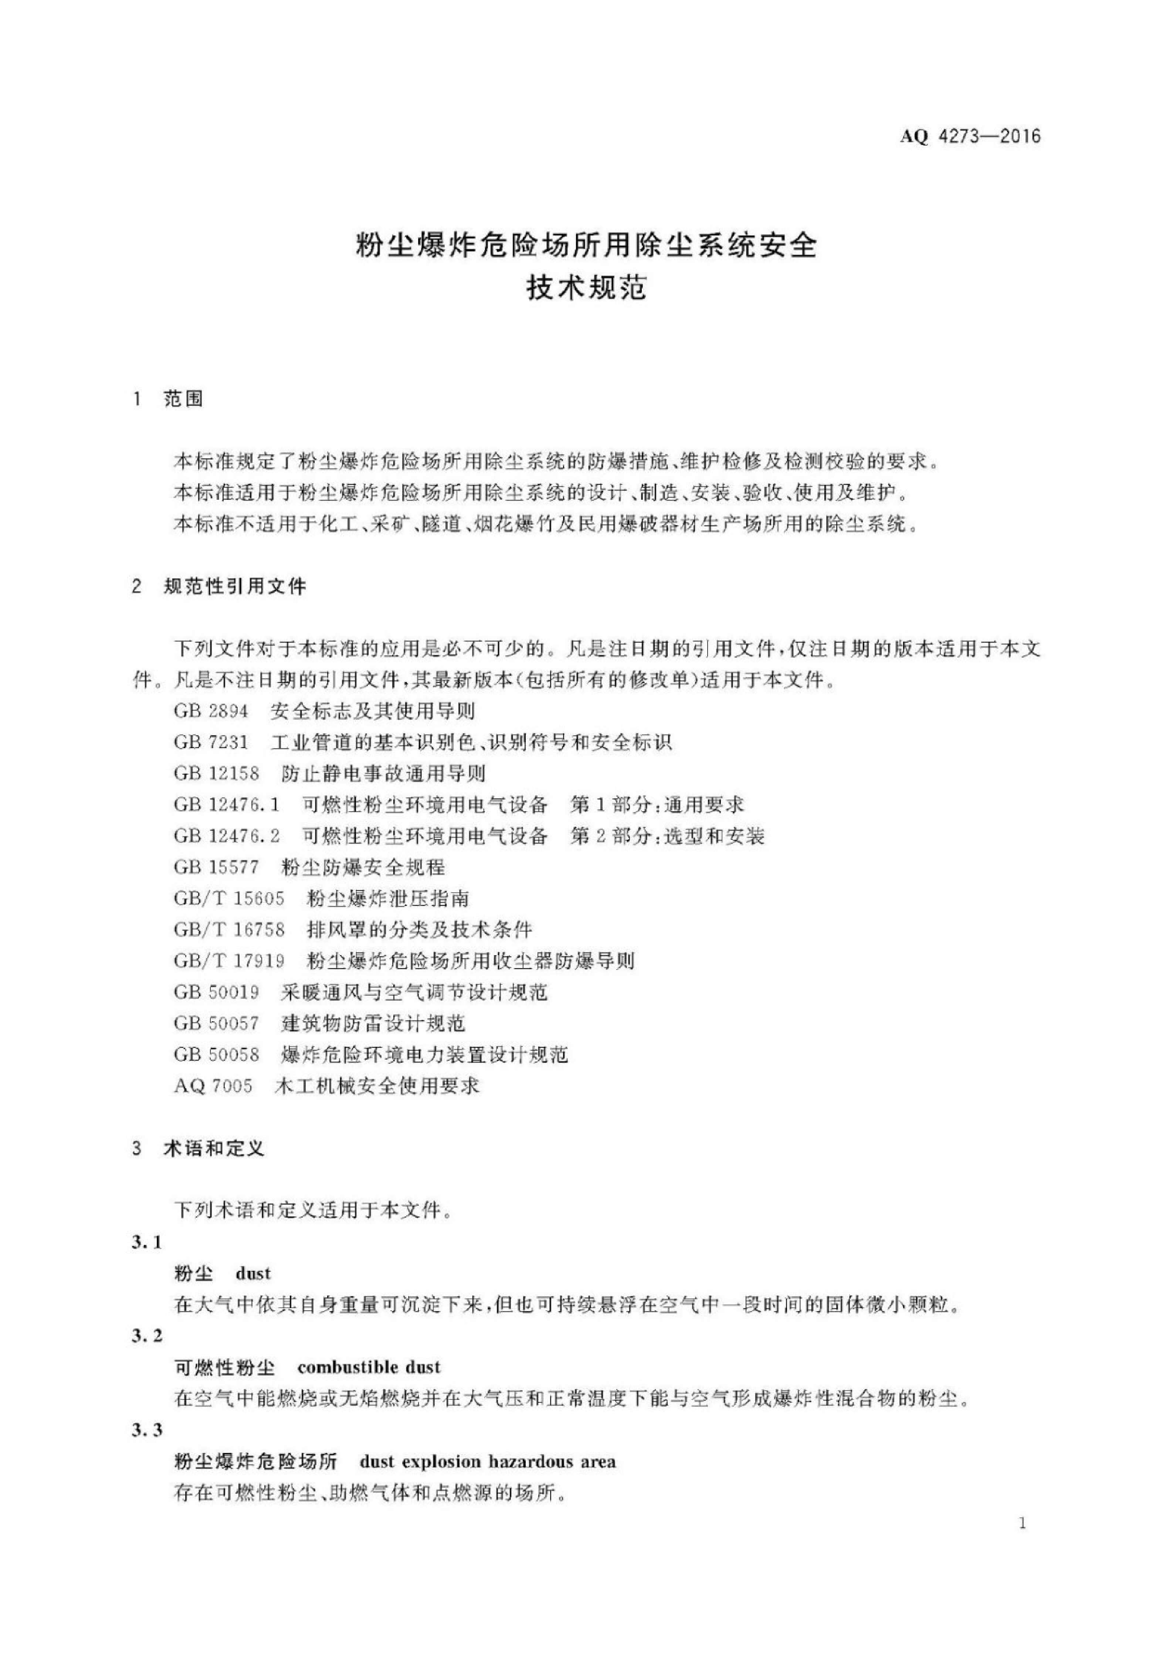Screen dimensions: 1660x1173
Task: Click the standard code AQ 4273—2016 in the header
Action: tap(970, 136)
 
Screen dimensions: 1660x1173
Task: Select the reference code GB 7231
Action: tap(210, 743)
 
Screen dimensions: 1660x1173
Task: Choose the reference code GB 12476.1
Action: tap(226, 805)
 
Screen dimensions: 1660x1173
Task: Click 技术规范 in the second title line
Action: tap(586, 289)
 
